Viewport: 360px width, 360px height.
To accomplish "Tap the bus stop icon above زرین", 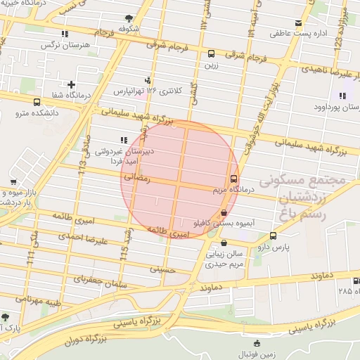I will (x=211, y=53).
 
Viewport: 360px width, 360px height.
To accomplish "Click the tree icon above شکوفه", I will (x=127, y=18).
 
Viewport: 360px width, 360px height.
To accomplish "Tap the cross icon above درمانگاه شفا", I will (x=71, y=85).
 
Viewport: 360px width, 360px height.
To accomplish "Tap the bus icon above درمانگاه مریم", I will (x=234, y=179).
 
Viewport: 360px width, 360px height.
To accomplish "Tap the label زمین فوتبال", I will (x=257, y=355).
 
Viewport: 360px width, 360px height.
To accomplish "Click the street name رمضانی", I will (x=137, y=179).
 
